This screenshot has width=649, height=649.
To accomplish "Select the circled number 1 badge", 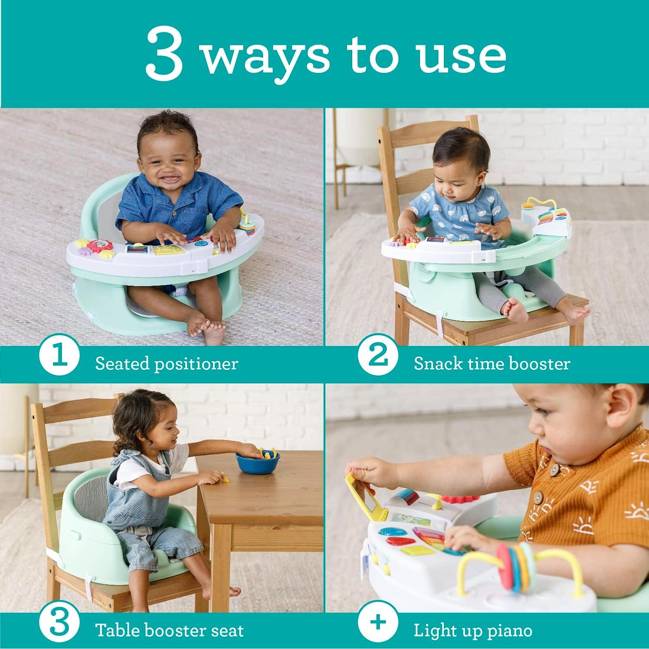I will coord(59,357).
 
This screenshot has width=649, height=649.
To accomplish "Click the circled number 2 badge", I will coord(378,357).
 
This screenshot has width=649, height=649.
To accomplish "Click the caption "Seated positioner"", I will coord(167,363).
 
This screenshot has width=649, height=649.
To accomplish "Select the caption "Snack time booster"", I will coord(492,363).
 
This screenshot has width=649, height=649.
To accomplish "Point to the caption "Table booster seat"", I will coord(169,630).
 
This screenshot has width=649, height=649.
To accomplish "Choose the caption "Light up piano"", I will coord(472,630).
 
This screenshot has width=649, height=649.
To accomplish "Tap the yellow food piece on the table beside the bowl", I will coord(225,479).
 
